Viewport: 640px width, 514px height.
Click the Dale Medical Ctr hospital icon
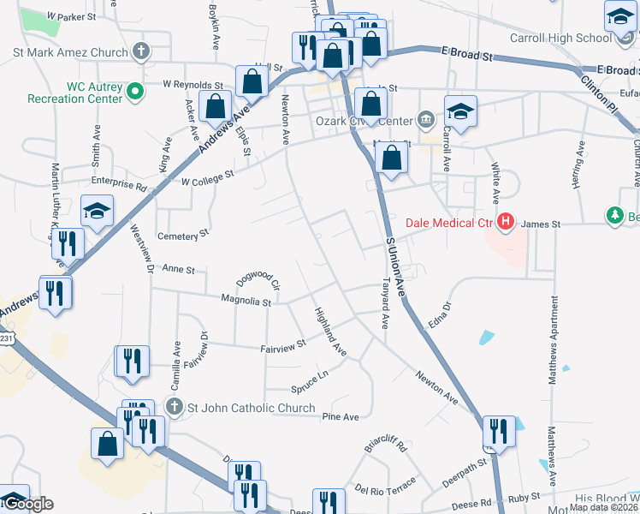pos(505,224)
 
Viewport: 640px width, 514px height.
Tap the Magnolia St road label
pos(246,302)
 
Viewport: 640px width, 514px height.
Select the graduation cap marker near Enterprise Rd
pos(98,211)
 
